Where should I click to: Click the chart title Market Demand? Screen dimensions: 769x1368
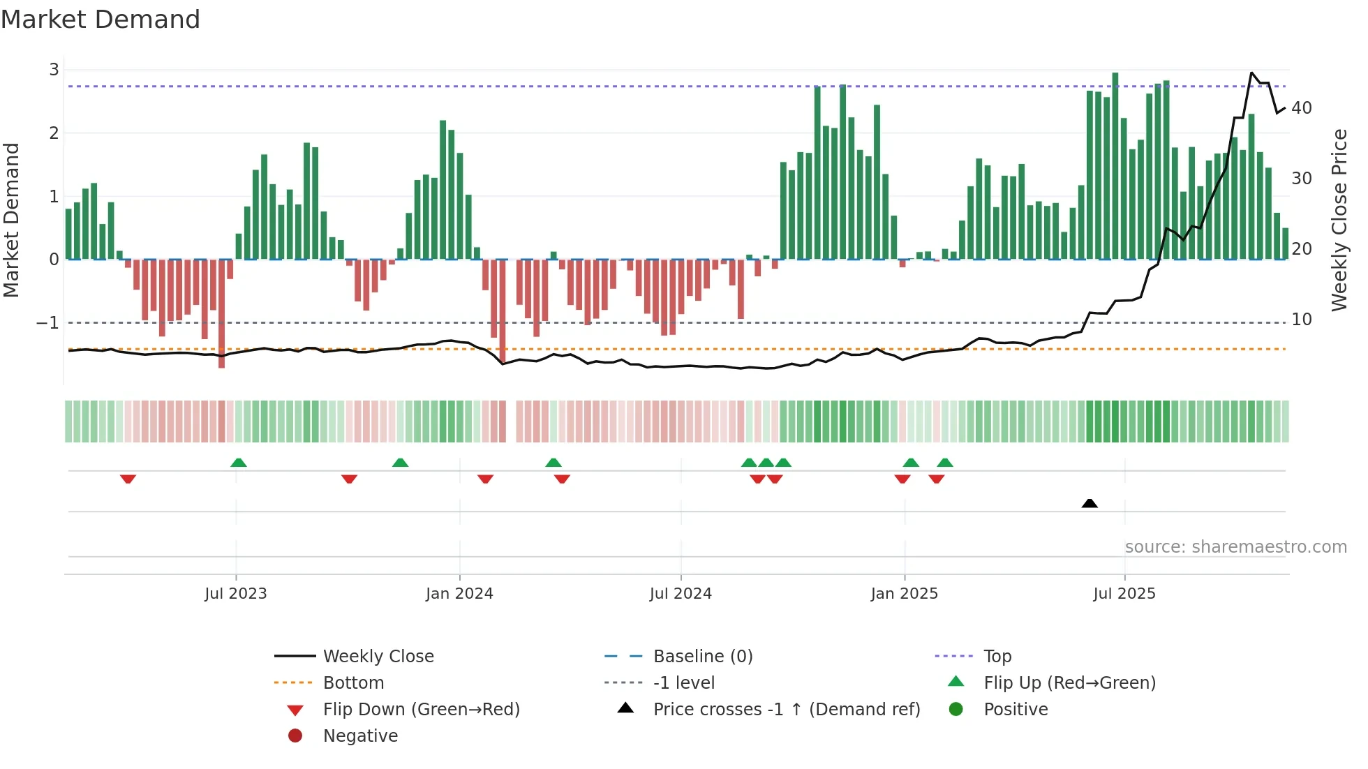tap(101, 20)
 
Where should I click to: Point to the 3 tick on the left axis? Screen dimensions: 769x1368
tap(54, 70)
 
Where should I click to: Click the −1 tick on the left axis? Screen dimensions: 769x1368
tap(48, 323)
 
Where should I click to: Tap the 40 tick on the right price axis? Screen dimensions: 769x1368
tap(1301, 108)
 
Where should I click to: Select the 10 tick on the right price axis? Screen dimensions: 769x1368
tap(1301, 320)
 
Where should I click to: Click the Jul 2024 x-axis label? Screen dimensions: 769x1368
tap(681, 594)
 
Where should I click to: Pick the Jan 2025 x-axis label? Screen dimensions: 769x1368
tap(904, 594)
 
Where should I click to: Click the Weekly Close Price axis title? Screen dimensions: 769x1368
tap(1339, 220)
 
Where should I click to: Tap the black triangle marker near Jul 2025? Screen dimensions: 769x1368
tap(1090, 503)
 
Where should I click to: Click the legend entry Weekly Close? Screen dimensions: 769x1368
tap(378, 657)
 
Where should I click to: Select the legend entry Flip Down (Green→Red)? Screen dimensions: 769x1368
tap(421, 710)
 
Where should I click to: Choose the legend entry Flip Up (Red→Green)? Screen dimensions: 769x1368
tap(1069, 683)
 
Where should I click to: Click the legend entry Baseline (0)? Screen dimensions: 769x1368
tap(702, 657)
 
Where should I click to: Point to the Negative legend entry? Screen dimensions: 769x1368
tap(360, 736)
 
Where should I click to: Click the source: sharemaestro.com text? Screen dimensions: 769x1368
tap(1235, 547)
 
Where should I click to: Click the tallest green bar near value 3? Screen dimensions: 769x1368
tap(1115, 166)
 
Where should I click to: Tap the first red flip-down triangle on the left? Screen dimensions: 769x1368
tap(128, 479)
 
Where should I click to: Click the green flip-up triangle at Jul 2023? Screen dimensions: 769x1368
tap(239, 463)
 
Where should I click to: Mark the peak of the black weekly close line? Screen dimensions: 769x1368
tap(1251, 73)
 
